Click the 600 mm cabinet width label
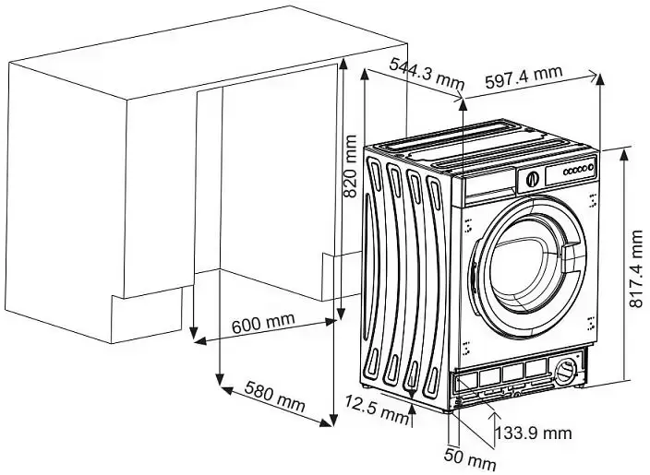pos(263,325)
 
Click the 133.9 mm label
pos(534,432)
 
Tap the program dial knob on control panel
pos(532,179)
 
